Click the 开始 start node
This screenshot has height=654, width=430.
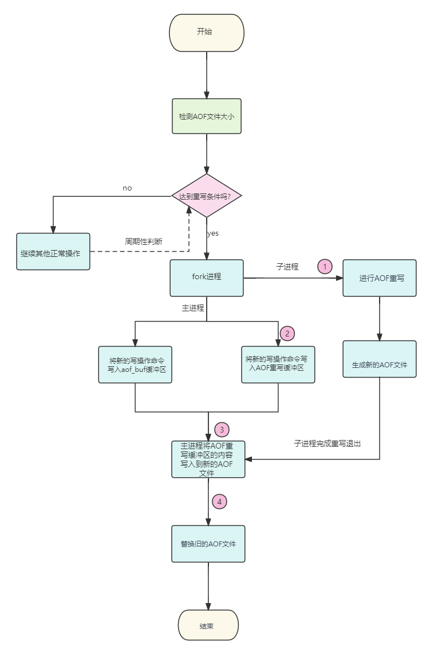click(x=207, y=33)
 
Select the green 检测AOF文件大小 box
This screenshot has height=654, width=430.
click(x=207, y=116)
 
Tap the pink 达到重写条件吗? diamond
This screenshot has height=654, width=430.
click(x=207, y=196)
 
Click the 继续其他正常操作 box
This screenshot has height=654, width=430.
click(x=53, y=251)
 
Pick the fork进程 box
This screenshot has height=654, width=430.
click(x=207, y=278)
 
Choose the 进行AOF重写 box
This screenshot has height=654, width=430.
click(x=379, y=278)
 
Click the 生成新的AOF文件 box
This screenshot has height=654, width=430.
click(x=379, y=359)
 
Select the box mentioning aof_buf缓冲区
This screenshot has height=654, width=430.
click(x=135, y=364)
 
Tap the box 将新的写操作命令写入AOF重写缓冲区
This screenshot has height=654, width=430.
click(x=278, y=364)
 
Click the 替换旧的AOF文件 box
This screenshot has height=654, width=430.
click(x=208, y=544)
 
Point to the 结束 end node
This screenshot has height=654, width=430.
click(x=208, y=626)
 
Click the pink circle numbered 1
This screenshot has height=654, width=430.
click(x=325, y=266)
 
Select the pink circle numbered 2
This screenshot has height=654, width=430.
click(x=287, y=333)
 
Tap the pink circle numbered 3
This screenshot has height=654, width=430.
click(x=222, y=429)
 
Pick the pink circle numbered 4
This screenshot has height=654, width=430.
click(x=219, y=502)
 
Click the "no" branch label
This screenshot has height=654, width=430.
click(x=127, y=188)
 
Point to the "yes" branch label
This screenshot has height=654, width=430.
click(x=212, y=233)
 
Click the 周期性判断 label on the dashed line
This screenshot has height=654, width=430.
click(x=144, y=241)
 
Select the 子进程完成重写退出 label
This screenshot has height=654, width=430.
click(x=328, y=443)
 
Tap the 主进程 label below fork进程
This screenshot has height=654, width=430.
click(x=193, y=308)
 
